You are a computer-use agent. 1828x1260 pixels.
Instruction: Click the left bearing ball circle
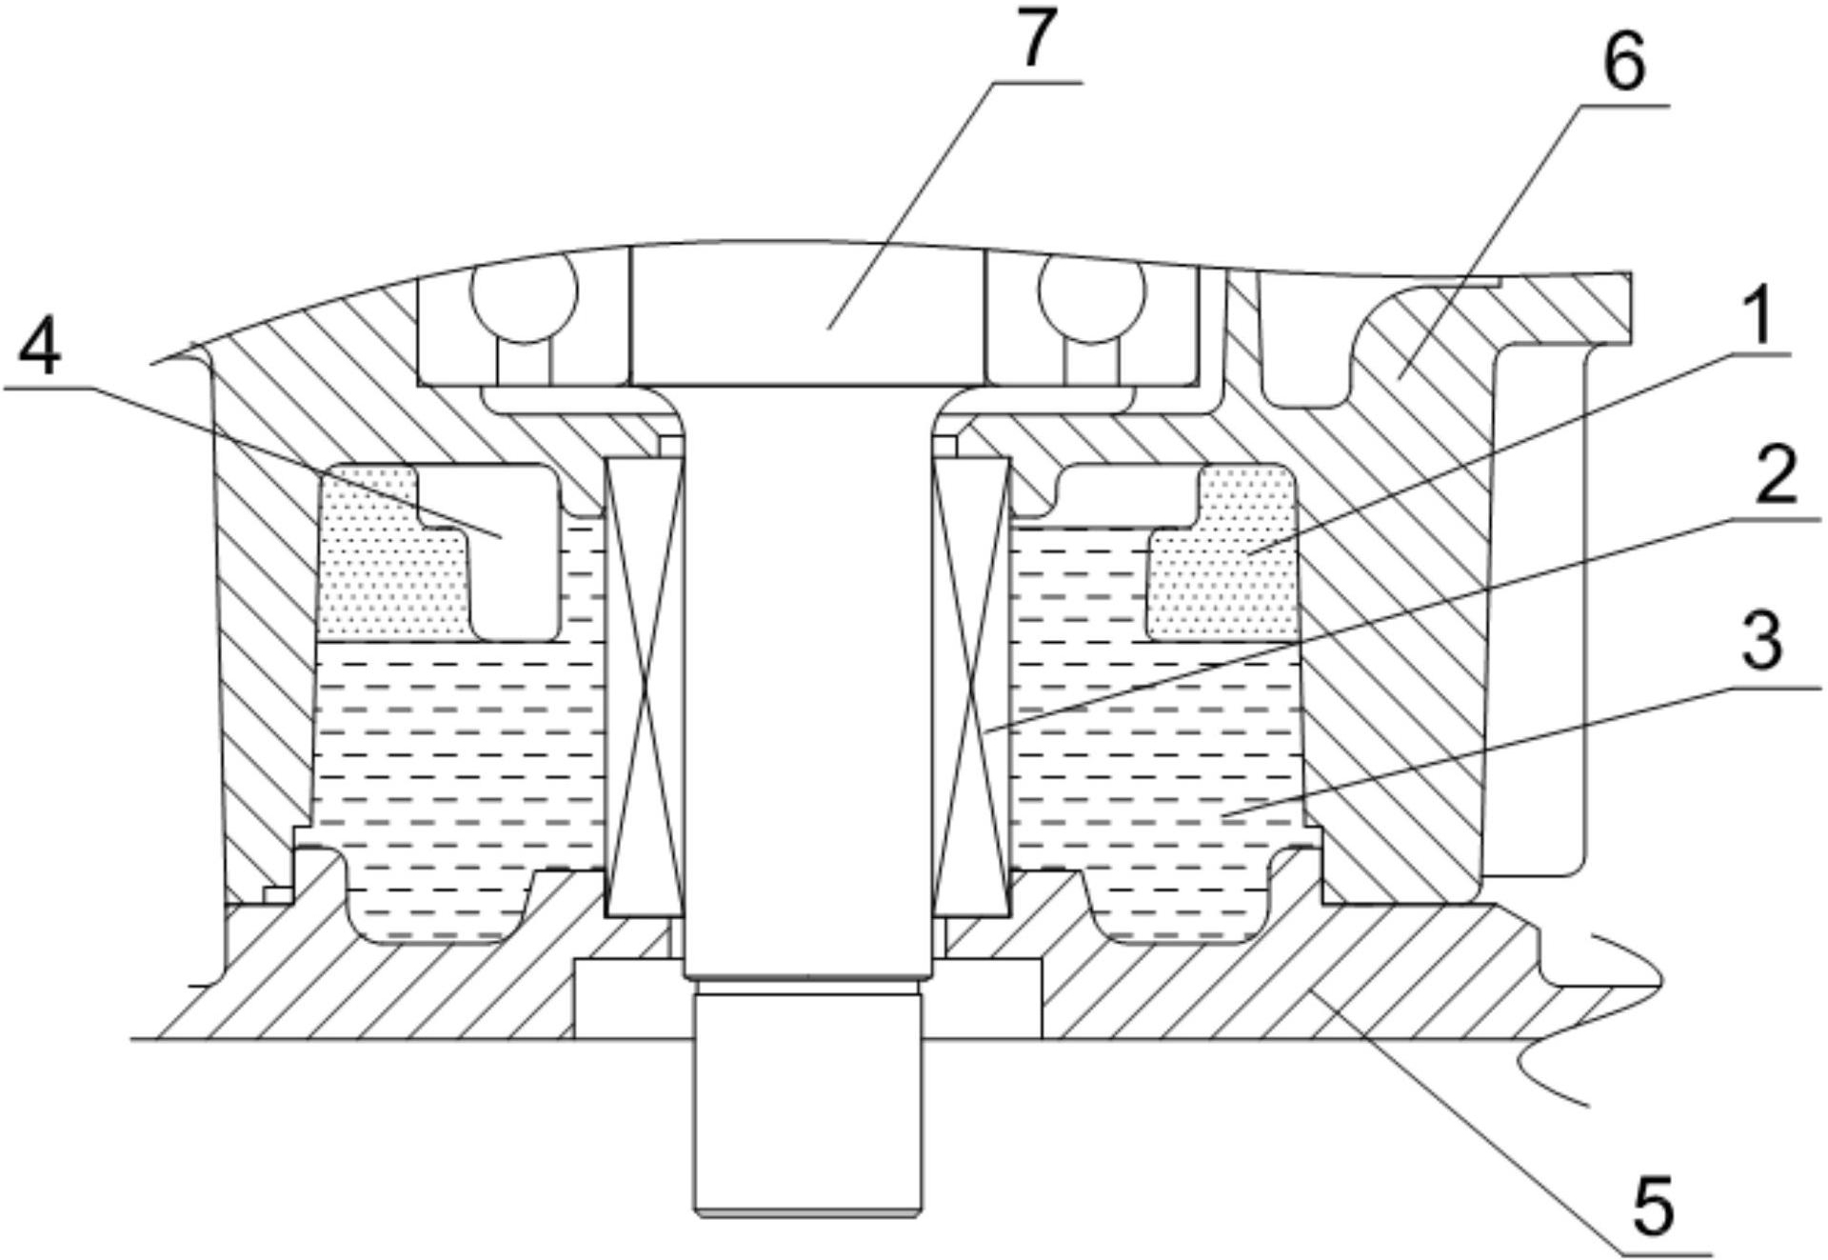[525, 293]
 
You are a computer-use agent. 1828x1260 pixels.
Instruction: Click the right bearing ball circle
[1093, 293]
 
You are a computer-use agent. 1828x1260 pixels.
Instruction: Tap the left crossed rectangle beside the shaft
[646, 688]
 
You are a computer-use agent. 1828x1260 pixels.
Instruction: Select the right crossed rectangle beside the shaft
[972, 688]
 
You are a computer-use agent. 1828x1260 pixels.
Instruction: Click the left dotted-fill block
[392, 551]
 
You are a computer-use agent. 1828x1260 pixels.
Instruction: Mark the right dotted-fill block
[1223, 551]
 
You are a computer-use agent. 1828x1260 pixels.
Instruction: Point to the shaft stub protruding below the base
[808, 1103]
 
